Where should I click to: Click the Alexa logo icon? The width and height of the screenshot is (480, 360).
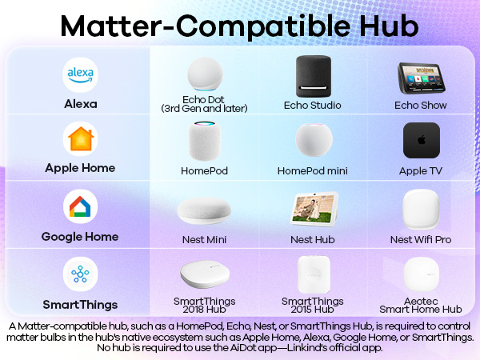(x=79, y=74)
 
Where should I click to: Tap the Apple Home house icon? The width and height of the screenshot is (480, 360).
(x=79, y=139)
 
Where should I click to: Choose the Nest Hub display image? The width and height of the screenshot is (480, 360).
(x=313, y=210)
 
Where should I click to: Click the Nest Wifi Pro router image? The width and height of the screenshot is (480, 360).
(x=421, y=210)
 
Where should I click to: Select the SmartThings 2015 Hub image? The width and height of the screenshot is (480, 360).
(x=313, y=274)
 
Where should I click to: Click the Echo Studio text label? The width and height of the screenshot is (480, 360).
(x=313, y=106)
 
